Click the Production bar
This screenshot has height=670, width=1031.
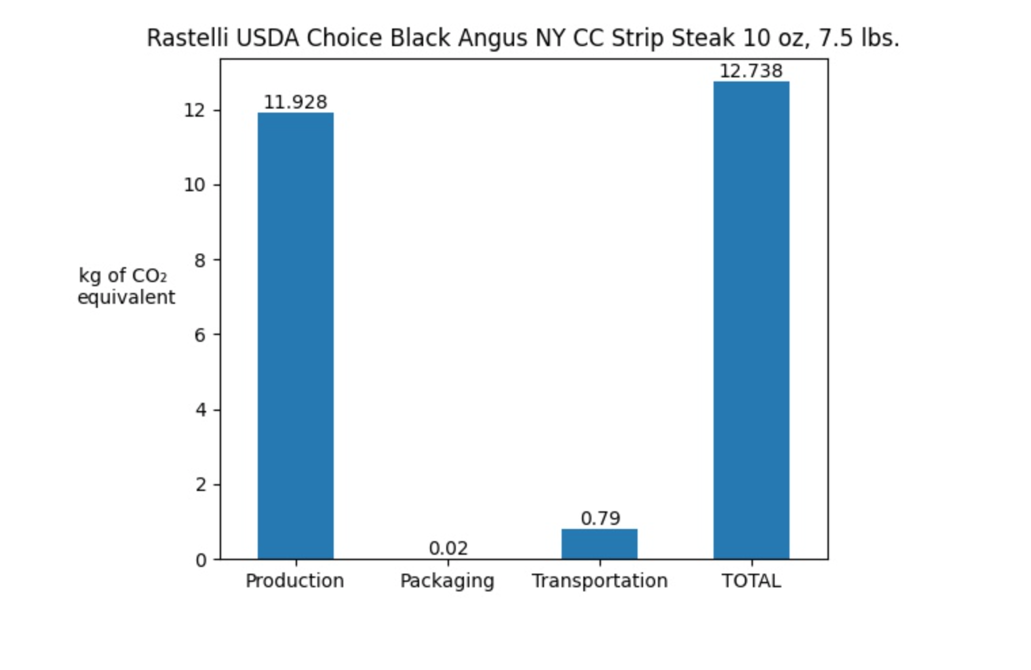tap(296, 336)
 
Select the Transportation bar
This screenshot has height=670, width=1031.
tap(600, 544)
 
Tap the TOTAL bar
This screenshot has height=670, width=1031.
tap(752, 320)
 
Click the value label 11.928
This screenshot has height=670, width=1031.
tap(296, 102)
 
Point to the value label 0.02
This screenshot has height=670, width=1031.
tap(448, 548)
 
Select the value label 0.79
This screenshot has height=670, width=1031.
tap(600, 519)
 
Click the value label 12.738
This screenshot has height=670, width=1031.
tap(751, 71)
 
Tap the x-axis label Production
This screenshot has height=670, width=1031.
tap(294, 581)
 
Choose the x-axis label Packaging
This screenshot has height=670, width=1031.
tap(447, 582)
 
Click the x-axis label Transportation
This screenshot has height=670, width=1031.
tap(600, 581)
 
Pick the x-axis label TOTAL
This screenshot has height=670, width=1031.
tap(751, 581)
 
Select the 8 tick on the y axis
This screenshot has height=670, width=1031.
tap(199, 260)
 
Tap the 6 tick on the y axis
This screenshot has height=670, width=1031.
tap(199, 335)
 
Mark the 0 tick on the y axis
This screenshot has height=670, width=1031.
tap(201, 561)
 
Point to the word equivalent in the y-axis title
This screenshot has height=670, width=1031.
tap(126, 298)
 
